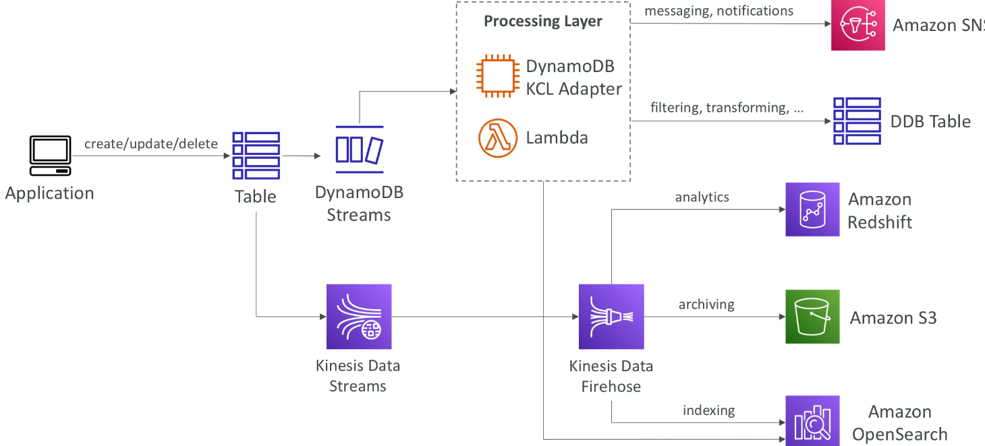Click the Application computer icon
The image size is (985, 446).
pos(50,156)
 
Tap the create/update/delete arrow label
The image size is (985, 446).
pos(151,144)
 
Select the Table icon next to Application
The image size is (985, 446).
pos(256,156)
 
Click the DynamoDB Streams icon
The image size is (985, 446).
pos(359,150)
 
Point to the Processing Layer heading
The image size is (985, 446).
pos(543,21)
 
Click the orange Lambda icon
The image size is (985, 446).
pos(499,137)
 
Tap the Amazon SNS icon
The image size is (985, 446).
pos(857,25)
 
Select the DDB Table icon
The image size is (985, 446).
pos(857,121)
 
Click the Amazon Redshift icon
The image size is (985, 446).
pos(812,210)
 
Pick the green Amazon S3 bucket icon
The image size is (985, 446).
pos(812,317)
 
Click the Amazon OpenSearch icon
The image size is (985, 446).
pos(812,421)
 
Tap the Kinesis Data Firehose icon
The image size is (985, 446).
pos(611,317)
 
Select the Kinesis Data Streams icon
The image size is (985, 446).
pos(359,317)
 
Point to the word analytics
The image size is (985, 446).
pos(702,197)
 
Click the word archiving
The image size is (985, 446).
pos(706,305)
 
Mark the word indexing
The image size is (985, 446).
pos(708,410)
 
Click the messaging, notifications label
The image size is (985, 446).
pos(719,11)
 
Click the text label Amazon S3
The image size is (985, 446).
pos(893,318)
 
